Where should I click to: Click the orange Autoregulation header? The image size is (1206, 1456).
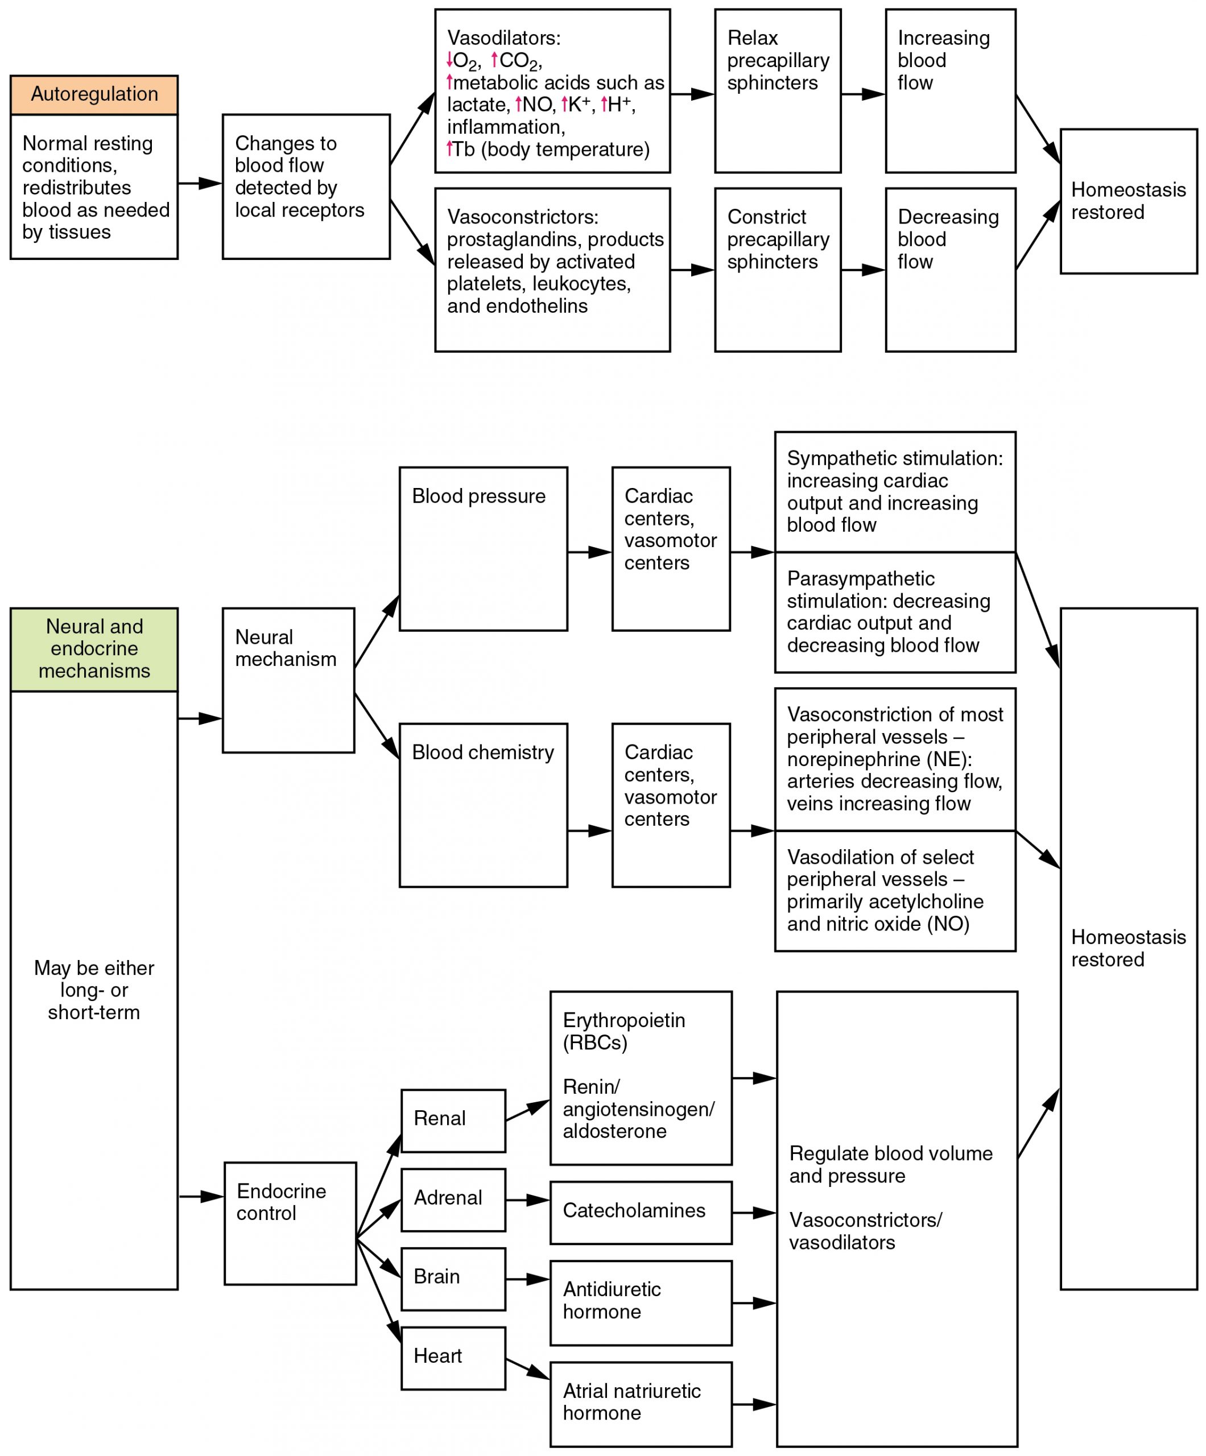(x=94, y=95)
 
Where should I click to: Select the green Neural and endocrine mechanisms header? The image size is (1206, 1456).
(x=94, y=649)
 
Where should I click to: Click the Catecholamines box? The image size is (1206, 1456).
(x=640, y=1212)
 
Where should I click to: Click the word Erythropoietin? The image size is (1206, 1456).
(x=623, y=1020)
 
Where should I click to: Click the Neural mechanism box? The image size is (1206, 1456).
(x=288, y=680)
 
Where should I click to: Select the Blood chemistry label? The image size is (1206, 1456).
(x=482, y=752)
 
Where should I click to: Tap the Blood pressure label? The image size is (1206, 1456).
(x=478, y=497)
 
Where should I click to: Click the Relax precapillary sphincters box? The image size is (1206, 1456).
(x=778, y=91)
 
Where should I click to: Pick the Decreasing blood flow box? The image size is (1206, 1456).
(x=950, y=270)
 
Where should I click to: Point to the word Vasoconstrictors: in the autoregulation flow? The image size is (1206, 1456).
(x=522, y=217)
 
